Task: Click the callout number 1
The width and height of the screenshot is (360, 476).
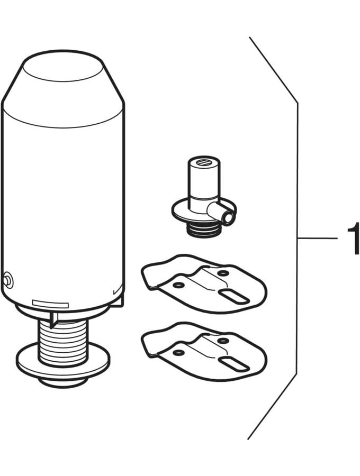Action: tap(354, 239)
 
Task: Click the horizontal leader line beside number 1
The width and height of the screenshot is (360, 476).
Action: tap(317, 239)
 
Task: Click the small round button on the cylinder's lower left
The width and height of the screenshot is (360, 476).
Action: tap(8, 280)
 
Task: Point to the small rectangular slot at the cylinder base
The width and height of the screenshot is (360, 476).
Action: tap(50, 304)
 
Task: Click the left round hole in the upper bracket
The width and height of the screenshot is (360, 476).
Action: tap(178, 285)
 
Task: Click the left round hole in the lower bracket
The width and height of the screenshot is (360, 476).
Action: tap(178, 352)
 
